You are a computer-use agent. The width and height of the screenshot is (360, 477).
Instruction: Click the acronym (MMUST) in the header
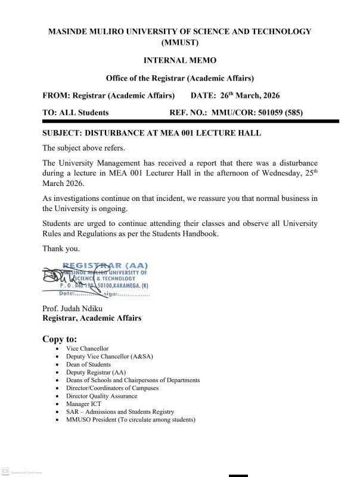179,43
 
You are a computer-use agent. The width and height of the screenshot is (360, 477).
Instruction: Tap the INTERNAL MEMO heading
179,60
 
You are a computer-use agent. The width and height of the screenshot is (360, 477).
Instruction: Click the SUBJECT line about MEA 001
152,133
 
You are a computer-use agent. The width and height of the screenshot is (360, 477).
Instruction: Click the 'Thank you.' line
61,248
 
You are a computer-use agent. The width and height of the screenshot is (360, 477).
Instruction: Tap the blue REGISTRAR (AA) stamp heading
105,265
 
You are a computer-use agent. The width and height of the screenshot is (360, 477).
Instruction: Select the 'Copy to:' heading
60,339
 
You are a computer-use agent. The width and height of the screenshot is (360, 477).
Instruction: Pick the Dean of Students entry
89,364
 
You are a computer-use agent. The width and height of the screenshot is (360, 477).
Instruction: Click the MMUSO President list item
131,420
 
